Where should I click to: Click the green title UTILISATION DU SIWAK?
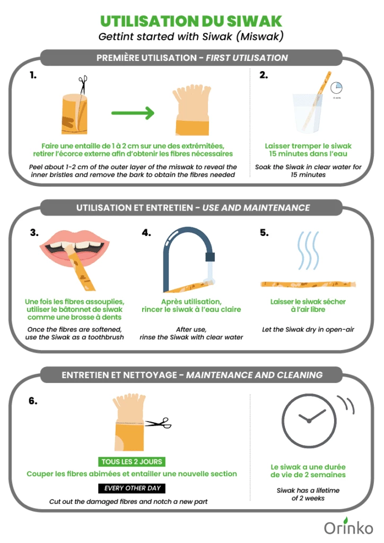pos(191,21)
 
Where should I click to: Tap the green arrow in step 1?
pos(133,113)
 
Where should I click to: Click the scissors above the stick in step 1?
pos(83,85)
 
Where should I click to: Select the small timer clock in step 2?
pos(336,87)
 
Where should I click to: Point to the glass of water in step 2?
pos(308,113)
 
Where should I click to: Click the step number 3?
pos(34,232)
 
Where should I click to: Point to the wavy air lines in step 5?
pos(308,250)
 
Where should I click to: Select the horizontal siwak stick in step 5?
pos(308,284)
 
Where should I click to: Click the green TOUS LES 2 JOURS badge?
pos(132,462)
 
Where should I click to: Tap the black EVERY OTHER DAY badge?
pos(132,488)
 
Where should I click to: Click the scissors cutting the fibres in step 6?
pos(158,423)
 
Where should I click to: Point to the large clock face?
pos(309,421)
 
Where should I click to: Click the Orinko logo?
pos(348,527)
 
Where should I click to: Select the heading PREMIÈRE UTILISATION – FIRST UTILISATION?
pos(192,58)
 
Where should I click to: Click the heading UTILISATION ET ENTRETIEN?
pos(135,208)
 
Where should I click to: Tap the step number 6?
pos(33,401)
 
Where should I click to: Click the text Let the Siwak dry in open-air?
pos(308,329)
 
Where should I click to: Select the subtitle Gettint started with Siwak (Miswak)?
pos(191,37)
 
